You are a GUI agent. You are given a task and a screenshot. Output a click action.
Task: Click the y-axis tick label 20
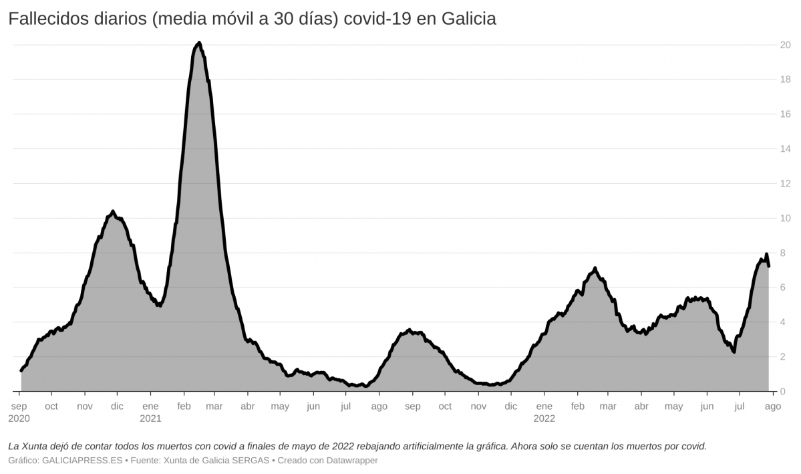tap(786, 45)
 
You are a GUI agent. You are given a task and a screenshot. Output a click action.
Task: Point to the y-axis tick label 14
tap(786, 149)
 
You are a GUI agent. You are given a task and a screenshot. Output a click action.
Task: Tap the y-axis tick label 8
tap(788, 253)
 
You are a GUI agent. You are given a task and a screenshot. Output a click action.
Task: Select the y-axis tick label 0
tap(788, 392)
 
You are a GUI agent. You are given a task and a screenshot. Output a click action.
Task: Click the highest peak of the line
tap(199, 43)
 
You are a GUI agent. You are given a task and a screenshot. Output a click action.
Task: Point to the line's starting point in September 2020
tap(21, 370)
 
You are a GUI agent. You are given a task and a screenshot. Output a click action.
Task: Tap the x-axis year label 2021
tap(151, 419)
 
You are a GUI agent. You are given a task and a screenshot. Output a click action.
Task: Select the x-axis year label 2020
tap(19, 419)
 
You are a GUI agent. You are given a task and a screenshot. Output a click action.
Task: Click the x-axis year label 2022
tap(544, 419)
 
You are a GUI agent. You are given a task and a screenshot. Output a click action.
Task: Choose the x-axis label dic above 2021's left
tap(117, 406)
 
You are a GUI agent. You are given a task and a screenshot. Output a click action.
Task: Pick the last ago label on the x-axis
tap(772, 406)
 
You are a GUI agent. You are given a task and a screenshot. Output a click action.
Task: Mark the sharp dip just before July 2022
tap(734, 352)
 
